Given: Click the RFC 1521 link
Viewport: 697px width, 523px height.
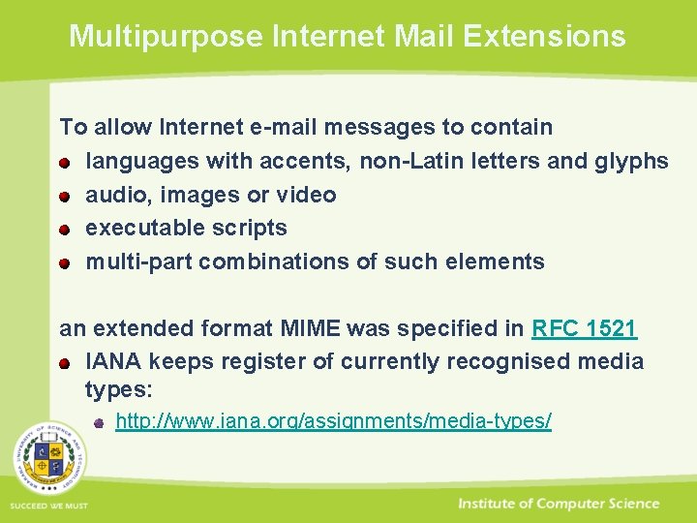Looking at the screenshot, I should pos(584,328).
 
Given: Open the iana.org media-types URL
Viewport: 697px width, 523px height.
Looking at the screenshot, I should pos(333,421).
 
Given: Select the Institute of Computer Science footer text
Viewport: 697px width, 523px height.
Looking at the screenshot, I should pos(559,504).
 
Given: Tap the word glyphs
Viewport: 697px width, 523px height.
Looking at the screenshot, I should pos(634,161).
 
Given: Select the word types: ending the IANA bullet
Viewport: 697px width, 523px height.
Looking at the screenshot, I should pos(115,389).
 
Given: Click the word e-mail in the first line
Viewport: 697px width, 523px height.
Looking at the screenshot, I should pos(288,127).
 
